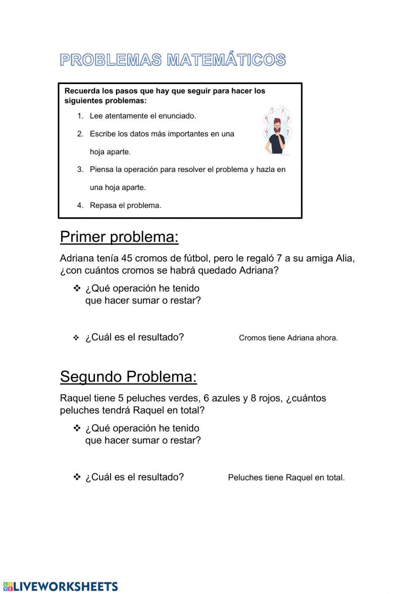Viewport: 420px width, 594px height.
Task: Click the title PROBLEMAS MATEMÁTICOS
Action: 173,60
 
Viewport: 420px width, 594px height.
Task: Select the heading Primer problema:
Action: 119,237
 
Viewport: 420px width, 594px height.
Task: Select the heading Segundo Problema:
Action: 128,377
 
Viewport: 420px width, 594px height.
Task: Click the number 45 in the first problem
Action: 126,258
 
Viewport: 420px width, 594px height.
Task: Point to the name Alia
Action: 344,258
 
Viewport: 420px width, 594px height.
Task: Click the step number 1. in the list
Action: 80,116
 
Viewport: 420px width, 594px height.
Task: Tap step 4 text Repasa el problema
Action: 125,206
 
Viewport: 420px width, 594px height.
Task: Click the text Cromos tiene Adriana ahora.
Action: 288,338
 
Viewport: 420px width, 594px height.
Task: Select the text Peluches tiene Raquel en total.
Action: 286,478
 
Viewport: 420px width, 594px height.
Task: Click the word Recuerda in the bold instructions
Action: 82,91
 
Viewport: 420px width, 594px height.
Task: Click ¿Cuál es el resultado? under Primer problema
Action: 134,337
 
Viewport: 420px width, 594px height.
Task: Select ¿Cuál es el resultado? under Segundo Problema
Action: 134,477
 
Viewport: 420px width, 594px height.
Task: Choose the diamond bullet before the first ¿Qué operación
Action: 77,288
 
